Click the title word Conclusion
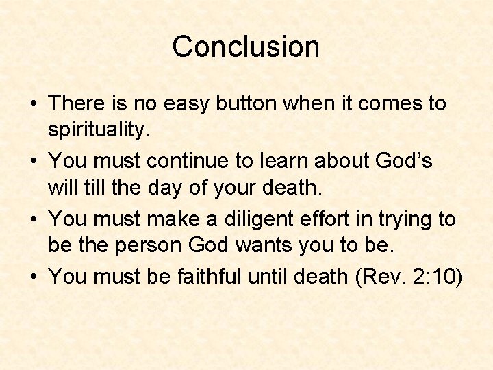(x=246, y=47)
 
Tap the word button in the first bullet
(x=249, y=104)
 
